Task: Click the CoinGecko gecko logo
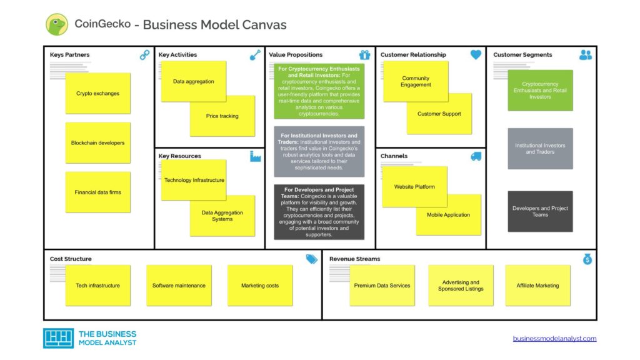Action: (x=57, y=24)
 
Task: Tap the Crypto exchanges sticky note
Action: (x=98, y=94)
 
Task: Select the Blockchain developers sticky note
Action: (x=98, y=143)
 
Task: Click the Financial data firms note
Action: (x=98, y=192)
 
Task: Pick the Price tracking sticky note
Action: (x=222, y=116)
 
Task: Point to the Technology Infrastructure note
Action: (x=194, y=181)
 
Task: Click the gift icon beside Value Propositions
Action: (x=364, y=55)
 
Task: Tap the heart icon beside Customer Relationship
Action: (x=476, y=55)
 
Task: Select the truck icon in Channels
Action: (x=476, y=156)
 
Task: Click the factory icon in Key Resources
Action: (x=255, y=156)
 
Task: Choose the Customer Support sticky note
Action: (x=439, y=114)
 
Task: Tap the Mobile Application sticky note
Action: (x=449, y=215)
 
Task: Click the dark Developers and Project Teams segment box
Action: (x=540, y=212)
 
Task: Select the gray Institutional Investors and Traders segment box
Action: (x=540, y=149)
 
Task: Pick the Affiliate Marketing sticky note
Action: (x=537, y=286)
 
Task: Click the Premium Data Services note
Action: (x=382, y=286)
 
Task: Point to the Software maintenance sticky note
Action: (x=179, y=286)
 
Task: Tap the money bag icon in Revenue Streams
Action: (x=587, y=259)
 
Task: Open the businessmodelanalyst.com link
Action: (x=554, y=339)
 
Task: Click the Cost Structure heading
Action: (x=71, y=259)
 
